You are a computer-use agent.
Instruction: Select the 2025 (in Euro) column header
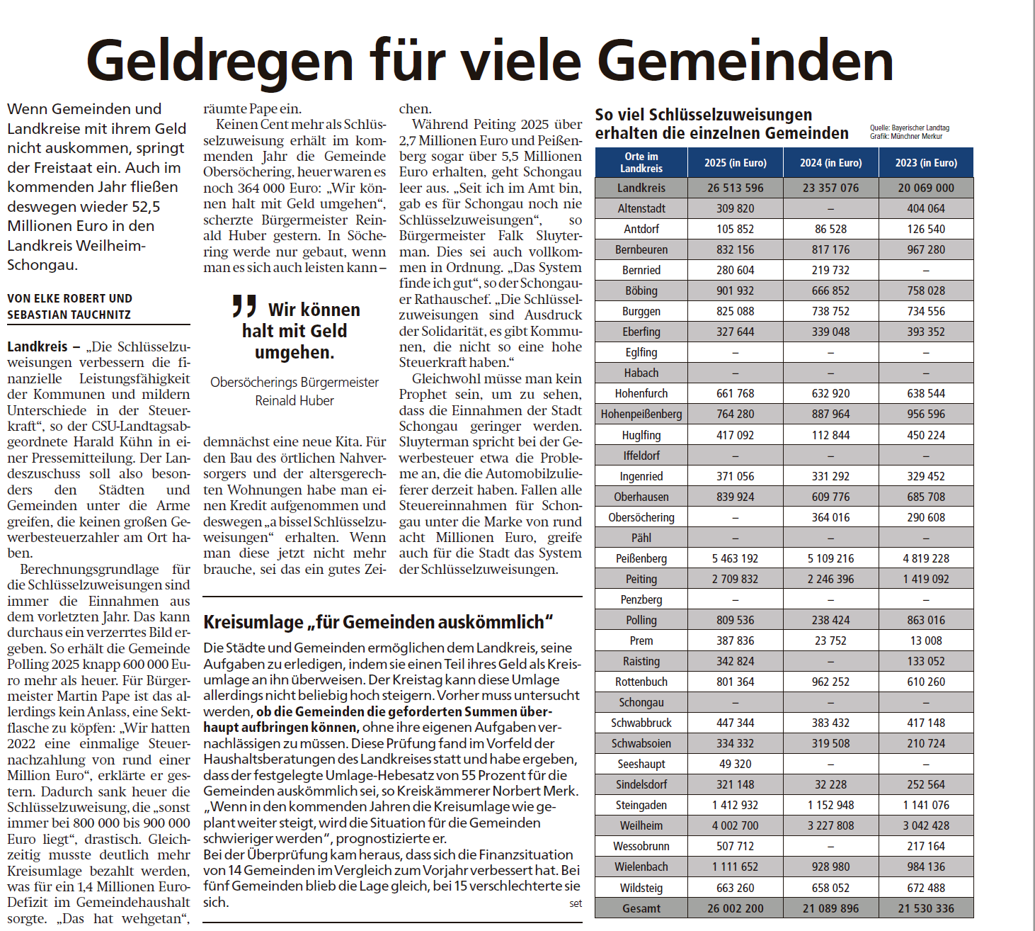point(735,163)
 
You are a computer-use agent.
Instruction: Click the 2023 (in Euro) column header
point(925,163)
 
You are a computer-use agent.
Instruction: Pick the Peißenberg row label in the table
point(641,558)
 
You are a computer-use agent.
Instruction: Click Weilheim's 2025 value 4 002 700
point(735,825)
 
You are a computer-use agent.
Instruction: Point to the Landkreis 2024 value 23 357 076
point(830,188)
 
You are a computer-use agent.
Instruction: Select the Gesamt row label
point(641,908)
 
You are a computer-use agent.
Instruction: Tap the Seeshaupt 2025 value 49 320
point(735,764)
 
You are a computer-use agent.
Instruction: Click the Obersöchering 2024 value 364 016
point(830,517)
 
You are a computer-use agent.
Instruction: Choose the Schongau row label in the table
point(641,702)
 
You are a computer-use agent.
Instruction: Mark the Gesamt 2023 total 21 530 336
point(925,908)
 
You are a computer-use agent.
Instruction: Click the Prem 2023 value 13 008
point(925,641)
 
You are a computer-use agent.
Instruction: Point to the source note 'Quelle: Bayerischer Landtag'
point(909,128)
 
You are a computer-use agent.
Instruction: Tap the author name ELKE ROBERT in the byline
point(67,299)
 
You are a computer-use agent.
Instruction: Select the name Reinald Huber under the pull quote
point(295,400)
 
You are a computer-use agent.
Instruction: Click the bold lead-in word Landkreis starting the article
point(38,346)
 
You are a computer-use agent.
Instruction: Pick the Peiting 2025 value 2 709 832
point(735,579)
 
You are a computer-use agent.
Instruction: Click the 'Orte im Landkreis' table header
point(641,162)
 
